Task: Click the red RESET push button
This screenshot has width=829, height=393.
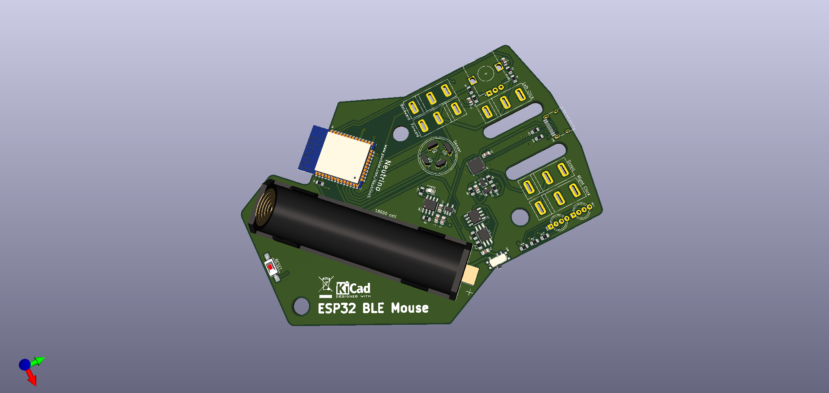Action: click(x=271, y=267)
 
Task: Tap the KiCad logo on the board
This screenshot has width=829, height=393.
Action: click(x=353, y=288)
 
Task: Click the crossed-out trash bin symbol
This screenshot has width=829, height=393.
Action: click(x=325, y=285)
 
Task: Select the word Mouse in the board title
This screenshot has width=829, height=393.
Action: click(x=410, y=308)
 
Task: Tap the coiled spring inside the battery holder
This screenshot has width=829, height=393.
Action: click(x=266, y=207)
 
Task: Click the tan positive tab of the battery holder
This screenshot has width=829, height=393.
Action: click(x=470, y=275)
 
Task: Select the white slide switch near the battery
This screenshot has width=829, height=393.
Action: click(x=498, y=260)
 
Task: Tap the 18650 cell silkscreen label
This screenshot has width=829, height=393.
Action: click(x=386, y=213)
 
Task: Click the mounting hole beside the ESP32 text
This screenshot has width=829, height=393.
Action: click(x=301, y=306)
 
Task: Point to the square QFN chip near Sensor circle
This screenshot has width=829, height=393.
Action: click(x=476, y=165)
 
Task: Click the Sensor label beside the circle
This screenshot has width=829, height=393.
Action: click(x=457, y=146)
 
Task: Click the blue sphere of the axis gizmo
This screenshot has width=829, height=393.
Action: click(x=25, y=365)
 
